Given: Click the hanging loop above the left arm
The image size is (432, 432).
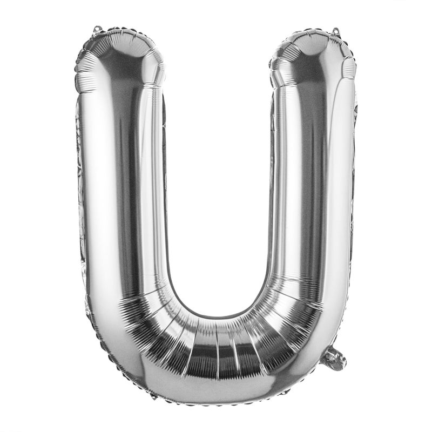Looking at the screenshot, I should coord(97,28).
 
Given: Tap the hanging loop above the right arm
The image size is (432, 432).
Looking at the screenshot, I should coord(335,31).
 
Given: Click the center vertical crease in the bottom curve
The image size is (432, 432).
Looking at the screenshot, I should coord(217,351).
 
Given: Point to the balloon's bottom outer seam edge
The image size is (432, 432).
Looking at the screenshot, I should coord(216,402).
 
